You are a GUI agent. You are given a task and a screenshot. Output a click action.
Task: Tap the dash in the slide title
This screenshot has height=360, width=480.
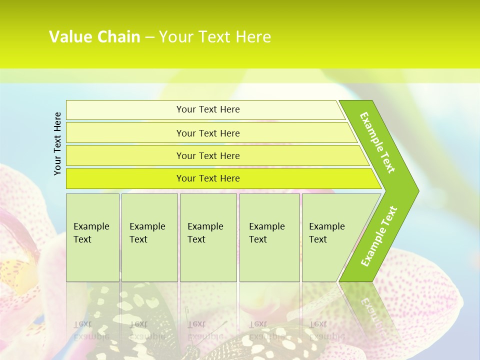149,37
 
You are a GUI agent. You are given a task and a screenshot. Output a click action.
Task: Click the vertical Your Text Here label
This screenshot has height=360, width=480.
57,143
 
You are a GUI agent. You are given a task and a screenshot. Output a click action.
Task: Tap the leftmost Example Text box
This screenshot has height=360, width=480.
92,237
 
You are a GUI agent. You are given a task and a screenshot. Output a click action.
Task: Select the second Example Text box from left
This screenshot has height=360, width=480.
149,237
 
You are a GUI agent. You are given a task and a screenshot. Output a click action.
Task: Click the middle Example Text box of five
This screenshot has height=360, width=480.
208,237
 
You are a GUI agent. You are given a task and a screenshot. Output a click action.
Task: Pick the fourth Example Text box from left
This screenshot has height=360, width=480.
269,237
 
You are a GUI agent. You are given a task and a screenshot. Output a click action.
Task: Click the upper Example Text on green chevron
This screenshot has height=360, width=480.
377,142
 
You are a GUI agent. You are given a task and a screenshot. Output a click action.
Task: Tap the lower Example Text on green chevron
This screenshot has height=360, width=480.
379,236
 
